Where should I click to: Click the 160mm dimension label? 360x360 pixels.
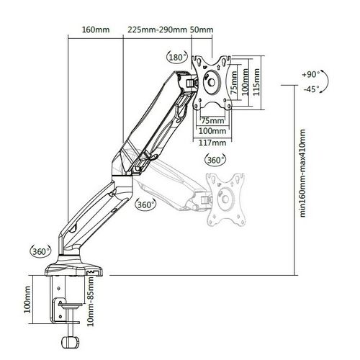(x=96, y=30)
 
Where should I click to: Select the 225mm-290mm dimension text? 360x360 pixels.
(x=157, y=30)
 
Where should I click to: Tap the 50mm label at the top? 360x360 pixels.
(x=202, y=30)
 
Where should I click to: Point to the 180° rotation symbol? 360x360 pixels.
(x=177, y=58)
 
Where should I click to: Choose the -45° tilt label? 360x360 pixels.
(x=312, y=89)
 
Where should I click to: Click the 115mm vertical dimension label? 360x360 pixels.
(x=256, y=82)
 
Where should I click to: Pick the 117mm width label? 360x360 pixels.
(x=212, y=143)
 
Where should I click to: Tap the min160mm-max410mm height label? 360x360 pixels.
(x=302, y=174)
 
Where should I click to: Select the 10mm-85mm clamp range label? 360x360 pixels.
(x=91, y=302)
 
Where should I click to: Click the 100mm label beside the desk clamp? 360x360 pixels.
(x=27, y=300)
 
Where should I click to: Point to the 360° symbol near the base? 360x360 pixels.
(x=40, y=251)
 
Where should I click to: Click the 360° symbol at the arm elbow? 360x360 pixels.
(x=145, y=204)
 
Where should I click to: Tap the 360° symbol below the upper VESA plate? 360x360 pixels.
(x=215, y=160)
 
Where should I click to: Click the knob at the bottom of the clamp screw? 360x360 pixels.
(x=71, y=343)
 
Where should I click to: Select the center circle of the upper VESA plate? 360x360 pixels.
(x=212, y=82)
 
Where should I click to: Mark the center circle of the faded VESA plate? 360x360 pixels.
(x=225, y=199)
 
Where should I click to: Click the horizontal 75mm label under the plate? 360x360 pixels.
(x=212, y=120)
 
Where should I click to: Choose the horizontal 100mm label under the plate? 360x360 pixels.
(x=212, y=131)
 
